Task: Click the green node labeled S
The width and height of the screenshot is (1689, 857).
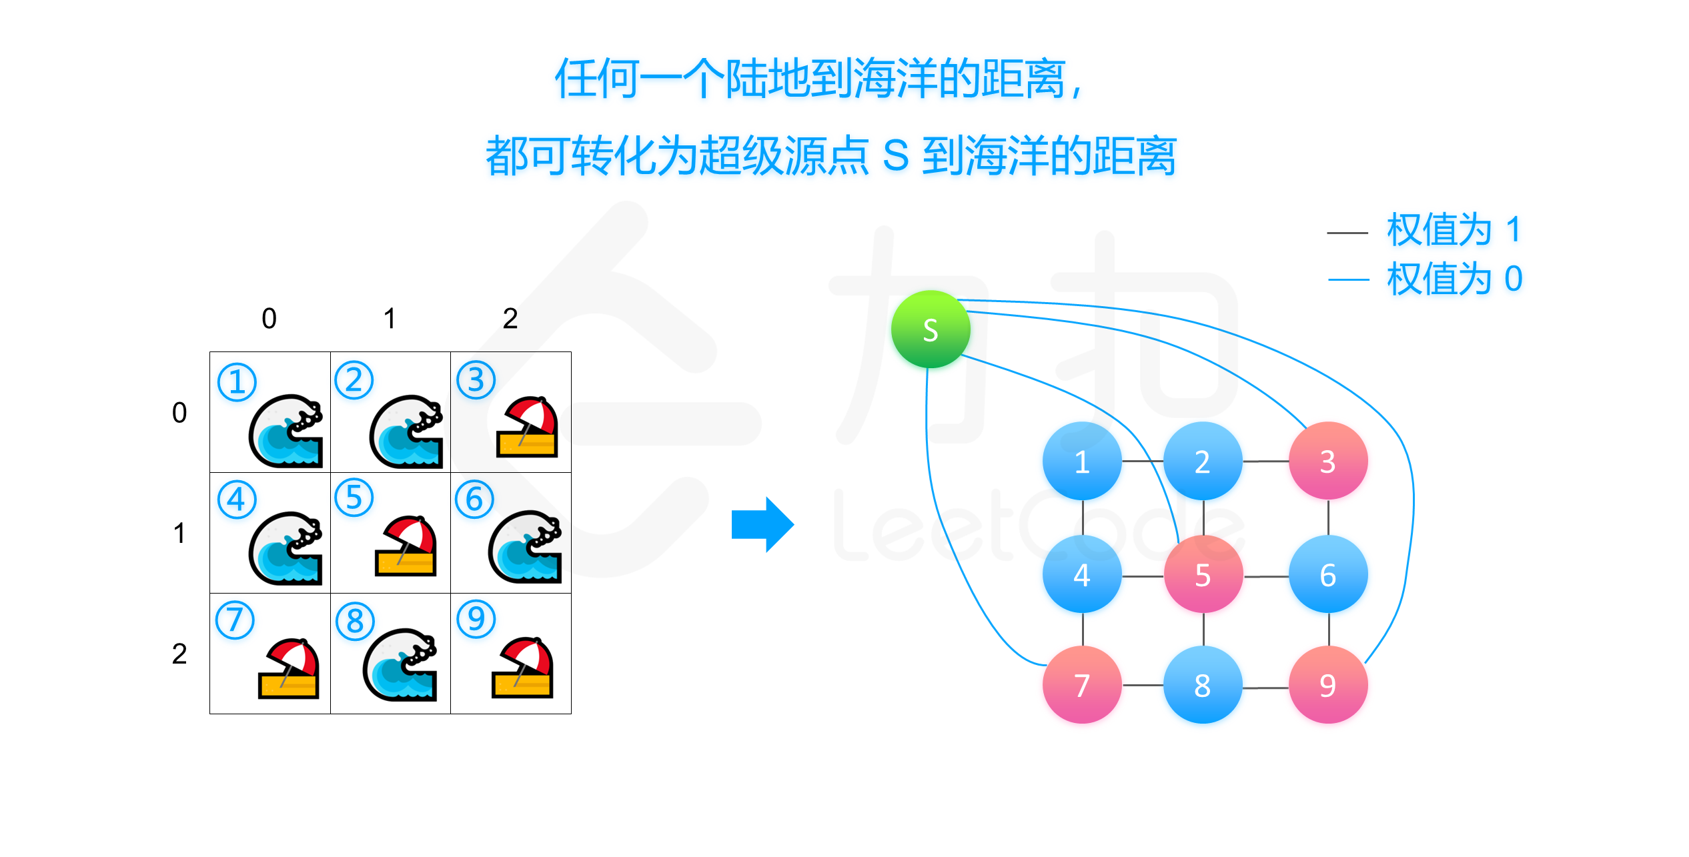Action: pos(931,329)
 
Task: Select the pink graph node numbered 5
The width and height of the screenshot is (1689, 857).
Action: pos(1203,574)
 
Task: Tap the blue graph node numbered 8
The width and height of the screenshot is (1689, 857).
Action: pos(1203,685)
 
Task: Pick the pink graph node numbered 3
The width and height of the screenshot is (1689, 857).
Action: pos(1327,461)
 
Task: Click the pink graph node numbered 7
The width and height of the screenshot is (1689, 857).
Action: pos(1082,685)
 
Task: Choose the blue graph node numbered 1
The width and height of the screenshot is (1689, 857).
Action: pos(1082,461)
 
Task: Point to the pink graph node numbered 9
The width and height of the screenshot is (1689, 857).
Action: pos(1327,685)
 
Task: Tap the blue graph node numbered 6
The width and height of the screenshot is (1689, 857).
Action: pos(1327,574)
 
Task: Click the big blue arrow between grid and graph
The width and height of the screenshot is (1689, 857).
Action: pos(762,524)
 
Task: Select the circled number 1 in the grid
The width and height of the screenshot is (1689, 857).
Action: pos(237,381)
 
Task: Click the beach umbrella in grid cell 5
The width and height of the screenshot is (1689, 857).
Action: pos(406,546)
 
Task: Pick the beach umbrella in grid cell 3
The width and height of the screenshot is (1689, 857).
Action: pos(527,427)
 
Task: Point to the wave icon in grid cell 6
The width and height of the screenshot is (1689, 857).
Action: pos(526,547)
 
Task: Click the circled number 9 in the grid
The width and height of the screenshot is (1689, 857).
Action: pos(476,619)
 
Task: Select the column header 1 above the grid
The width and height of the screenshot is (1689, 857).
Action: pos(390,319)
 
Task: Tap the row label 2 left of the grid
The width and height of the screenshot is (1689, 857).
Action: pos(179,654)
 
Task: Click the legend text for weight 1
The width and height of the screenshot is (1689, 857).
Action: pos(1454,230)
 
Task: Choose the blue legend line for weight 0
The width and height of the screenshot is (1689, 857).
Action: pos(1348,280)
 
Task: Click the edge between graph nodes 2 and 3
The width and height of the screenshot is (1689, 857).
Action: pos(1265,461)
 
